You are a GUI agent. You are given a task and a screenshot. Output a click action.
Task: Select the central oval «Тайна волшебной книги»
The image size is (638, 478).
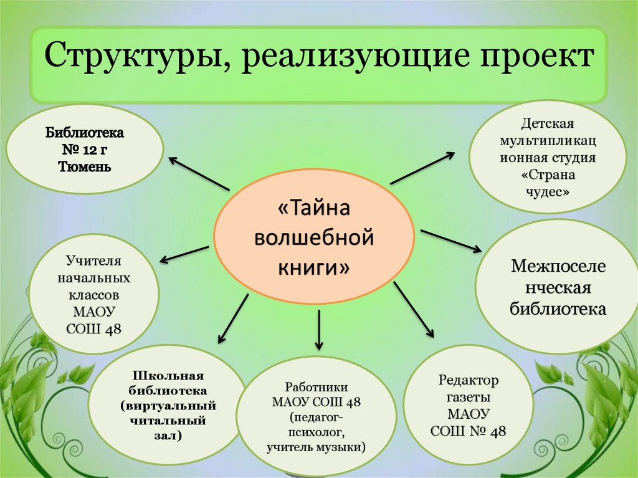click(x=313, y=237)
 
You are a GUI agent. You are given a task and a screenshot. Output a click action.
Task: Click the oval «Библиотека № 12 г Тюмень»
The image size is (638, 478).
click(x=85, y=150)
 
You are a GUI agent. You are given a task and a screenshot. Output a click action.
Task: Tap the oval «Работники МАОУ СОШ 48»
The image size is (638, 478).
click(x=317, y=416)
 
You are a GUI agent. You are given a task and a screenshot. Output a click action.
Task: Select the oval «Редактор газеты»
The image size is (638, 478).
click(x=469, y=405)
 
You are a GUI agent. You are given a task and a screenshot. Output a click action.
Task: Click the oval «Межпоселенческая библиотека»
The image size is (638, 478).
click(x=558, y=287)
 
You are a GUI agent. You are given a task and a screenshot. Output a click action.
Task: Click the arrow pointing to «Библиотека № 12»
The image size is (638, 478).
click(x=199, y=173)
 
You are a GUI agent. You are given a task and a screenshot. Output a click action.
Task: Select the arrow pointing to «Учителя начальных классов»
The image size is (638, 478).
click(x=184, y=254)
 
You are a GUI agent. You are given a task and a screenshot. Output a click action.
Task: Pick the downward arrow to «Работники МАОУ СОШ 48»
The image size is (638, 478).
click(x=318, y=329)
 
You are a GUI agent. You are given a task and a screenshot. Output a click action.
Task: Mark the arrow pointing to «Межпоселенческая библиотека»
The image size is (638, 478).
click(x=450, y=241)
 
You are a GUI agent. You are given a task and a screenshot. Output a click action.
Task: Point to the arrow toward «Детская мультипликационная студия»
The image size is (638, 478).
click(x=422, y=168)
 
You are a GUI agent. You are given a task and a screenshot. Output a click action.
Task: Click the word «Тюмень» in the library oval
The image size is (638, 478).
click(x=85, y=167)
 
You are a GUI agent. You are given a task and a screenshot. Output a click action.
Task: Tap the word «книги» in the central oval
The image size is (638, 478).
click(x=313, y=268)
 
